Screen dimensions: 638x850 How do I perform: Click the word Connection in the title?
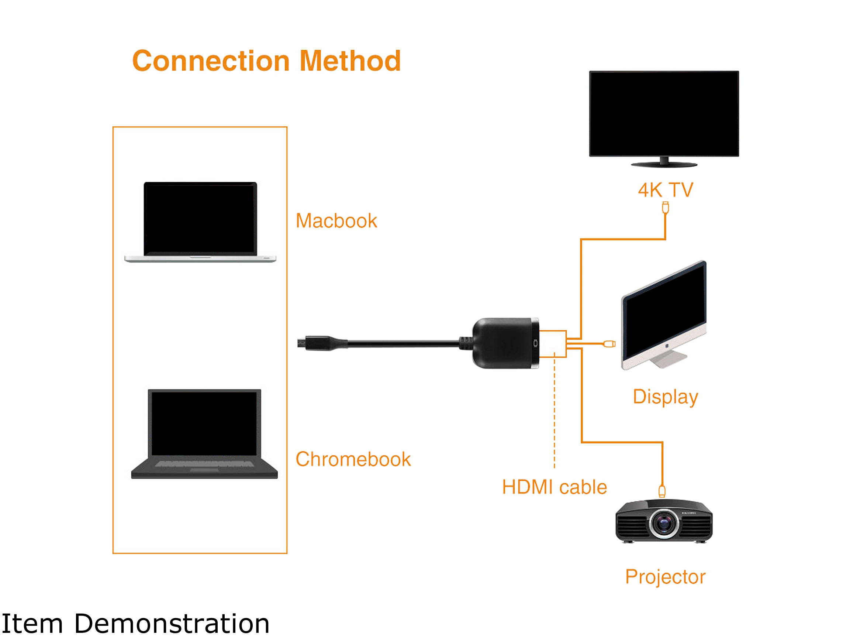pos(211,61)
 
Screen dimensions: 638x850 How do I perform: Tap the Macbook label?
pos(336,221)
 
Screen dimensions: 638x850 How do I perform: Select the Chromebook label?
pos(353,459)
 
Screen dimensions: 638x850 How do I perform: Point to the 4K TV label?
pos(666,190)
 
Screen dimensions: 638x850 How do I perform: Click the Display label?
pos(665,397)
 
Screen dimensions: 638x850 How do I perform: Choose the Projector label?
pos(665,577)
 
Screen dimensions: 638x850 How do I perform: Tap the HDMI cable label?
pos(554,487)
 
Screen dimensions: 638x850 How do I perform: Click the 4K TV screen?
pos(664,113)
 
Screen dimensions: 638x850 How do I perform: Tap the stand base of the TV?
pos(664,165)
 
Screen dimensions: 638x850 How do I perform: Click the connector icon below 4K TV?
pos(666,208)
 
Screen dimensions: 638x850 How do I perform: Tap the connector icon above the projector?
pos(662,491)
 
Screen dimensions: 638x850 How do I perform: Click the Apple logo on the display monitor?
pos(667,346)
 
